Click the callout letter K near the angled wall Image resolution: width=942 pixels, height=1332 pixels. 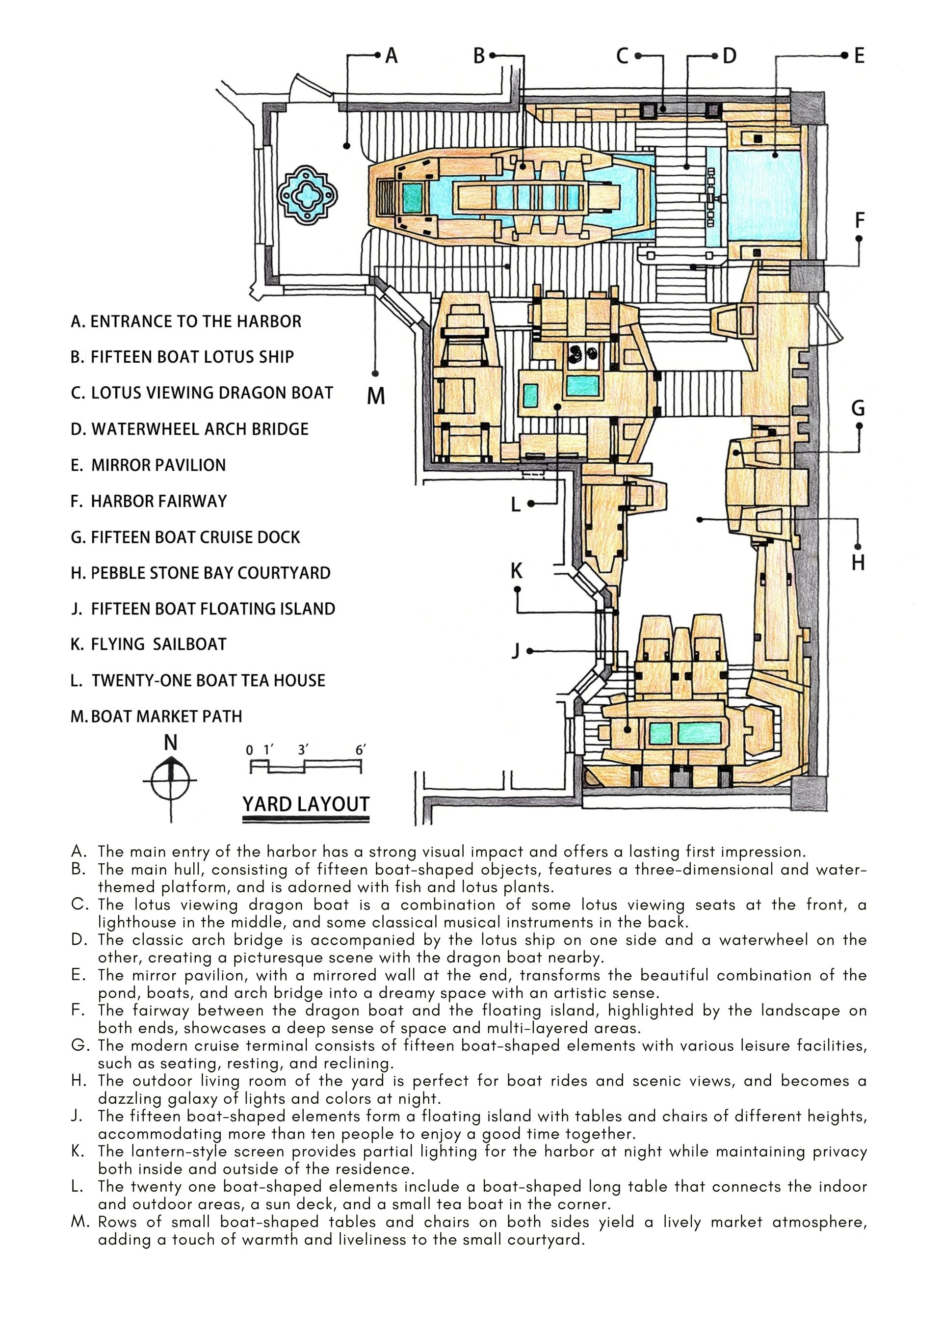coord(516,571)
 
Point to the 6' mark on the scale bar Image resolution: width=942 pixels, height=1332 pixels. coord(360,750)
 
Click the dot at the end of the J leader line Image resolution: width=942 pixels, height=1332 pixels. coord(529,651)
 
